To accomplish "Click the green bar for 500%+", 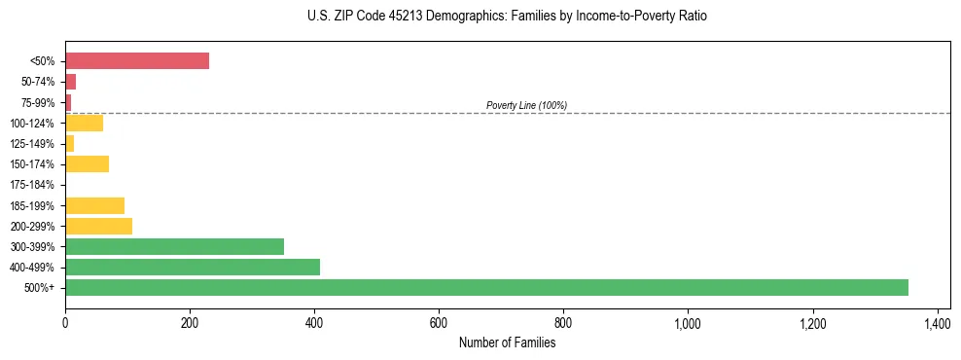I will pos(486,287).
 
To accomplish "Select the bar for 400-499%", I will pos(193,267).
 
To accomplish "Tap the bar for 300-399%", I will pos(174,246).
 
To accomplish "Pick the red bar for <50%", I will pos(137,60).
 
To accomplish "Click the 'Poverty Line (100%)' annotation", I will pos(526,105).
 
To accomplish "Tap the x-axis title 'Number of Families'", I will pos(508,342).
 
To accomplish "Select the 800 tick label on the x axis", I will pos(563,322).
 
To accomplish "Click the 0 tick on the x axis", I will pos(65,322).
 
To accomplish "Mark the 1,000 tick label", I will pos(688,322).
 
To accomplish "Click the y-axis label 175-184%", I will pos(32,185).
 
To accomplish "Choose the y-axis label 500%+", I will pos(40,288).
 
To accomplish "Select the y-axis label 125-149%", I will pos(32,144).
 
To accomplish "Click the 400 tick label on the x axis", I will pos(314,322).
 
